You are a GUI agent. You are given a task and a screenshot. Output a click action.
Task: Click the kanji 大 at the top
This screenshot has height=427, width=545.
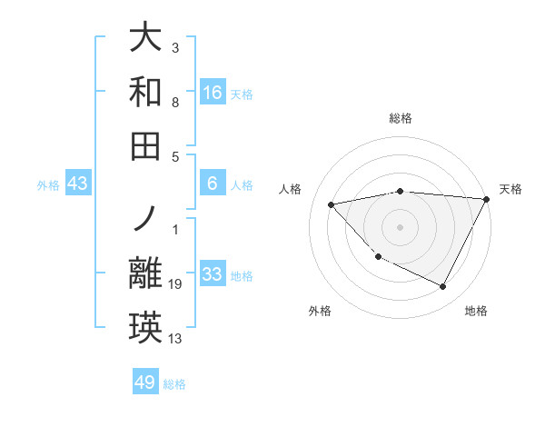[146, 38]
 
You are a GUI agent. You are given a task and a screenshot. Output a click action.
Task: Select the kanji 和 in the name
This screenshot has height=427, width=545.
[146, 92]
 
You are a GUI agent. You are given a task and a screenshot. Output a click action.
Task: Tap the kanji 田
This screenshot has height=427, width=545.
[146, 144]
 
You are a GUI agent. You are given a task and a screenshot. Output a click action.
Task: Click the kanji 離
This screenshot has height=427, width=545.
[146, 273]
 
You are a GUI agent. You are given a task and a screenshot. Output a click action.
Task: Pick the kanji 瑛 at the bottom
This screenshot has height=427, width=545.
[146, 327]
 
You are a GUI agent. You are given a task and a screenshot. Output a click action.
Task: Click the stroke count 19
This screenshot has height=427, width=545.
[175, 285]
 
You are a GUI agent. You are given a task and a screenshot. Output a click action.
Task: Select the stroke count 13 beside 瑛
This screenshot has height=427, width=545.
[175, 339]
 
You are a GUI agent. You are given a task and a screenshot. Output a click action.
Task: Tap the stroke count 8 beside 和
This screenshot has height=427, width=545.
[175, 103]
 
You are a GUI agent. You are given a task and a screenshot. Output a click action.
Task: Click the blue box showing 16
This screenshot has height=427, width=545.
[213, 92]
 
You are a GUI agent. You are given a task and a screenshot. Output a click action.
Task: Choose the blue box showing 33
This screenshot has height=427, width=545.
[213, 274]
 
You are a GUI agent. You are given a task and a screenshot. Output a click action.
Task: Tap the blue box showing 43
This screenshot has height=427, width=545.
[78, 184]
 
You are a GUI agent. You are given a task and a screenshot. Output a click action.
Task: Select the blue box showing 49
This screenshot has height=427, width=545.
[145, 382]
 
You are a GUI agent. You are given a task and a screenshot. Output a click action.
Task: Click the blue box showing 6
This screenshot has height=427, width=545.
[213, 184]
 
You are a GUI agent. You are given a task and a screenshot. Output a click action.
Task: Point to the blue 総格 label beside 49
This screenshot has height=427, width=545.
[174, 384]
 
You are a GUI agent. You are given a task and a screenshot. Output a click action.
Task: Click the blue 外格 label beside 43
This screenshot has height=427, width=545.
[48, 185]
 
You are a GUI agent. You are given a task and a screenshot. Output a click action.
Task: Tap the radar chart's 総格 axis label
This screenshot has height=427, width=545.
[401, 118]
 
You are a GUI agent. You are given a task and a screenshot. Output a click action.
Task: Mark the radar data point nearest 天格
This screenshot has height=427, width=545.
[486, 199]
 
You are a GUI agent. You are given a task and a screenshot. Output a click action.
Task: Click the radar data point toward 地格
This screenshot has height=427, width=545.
[443, 287]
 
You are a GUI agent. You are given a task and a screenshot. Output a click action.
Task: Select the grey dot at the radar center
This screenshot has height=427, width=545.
[401, 226]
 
